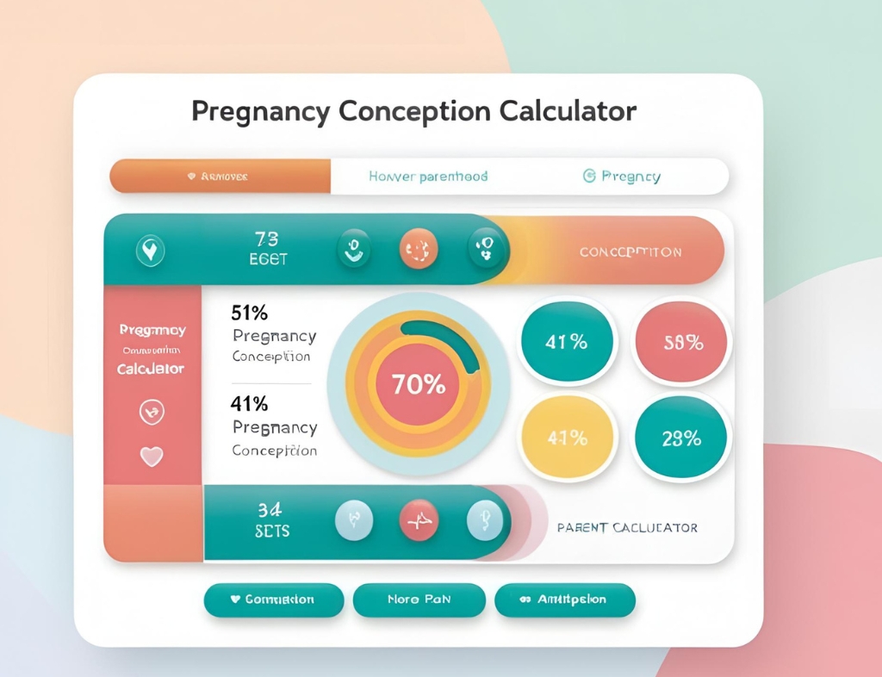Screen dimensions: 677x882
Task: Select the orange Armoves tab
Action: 220,176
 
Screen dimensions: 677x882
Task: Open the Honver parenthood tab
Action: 428,177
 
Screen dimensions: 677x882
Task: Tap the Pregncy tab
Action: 622,177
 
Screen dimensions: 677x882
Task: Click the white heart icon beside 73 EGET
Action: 151,251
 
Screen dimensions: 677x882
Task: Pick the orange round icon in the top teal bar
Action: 419,250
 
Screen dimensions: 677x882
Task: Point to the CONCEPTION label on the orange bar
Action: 630,252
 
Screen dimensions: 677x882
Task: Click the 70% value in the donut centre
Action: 419,385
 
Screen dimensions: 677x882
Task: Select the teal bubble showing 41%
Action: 566,342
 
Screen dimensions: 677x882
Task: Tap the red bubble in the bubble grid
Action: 682,342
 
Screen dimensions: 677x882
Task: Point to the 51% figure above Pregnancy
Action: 250,313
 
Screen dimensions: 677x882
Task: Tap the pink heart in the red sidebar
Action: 152,457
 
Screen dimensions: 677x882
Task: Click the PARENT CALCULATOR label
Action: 627,527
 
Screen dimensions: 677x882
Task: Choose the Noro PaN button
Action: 419,599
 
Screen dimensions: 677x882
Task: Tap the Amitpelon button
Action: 565,599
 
